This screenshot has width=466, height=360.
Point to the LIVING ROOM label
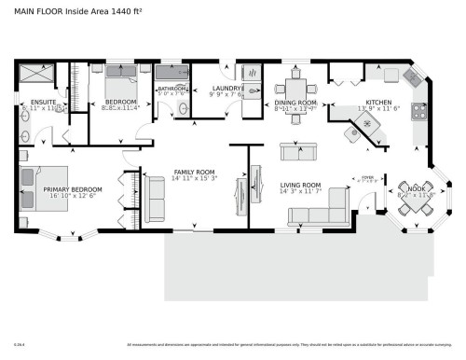pyautogui.click(x=300, y=185)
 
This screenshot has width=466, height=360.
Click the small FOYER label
pyautogui.click(x=366, y=174)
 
